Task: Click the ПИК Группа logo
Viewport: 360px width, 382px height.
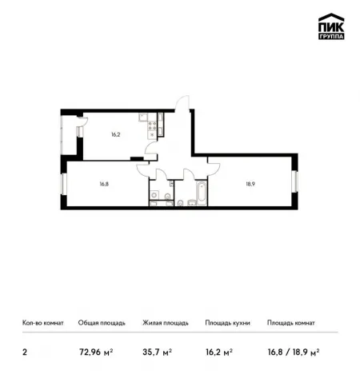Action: click(x=331, y=26)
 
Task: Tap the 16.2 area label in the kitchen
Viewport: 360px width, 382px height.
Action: click(x=116, y=134)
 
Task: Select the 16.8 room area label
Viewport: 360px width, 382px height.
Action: click(x=104, y=184)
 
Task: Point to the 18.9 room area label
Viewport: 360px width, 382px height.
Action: click(x=250, y=184)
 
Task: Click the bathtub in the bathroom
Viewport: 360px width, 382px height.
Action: click(x=202, y=193)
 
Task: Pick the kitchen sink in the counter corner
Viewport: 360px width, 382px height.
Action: click(x=143, y=117)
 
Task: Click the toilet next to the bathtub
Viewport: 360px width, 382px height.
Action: click(x=180, y=203)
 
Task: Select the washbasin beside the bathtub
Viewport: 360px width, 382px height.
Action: click(x=192, y=203)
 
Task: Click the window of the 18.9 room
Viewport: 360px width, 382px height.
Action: click(x=295, y=181)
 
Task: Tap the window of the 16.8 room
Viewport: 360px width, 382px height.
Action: click(x=64, y=184)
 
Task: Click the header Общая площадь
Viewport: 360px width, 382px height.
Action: click(x=102, y=323)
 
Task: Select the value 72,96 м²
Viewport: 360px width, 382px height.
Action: click(x=96, y=352)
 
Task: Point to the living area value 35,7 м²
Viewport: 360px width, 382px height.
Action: click(x=157, y=352)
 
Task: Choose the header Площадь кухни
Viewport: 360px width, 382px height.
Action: click(x=227, y=323)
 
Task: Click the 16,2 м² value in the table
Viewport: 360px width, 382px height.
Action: click(x=219, y=352)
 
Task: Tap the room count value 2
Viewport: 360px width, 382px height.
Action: click(x=25, y=352)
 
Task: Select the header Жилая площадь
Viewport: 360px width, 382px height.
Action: click(x=166, y=323)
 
